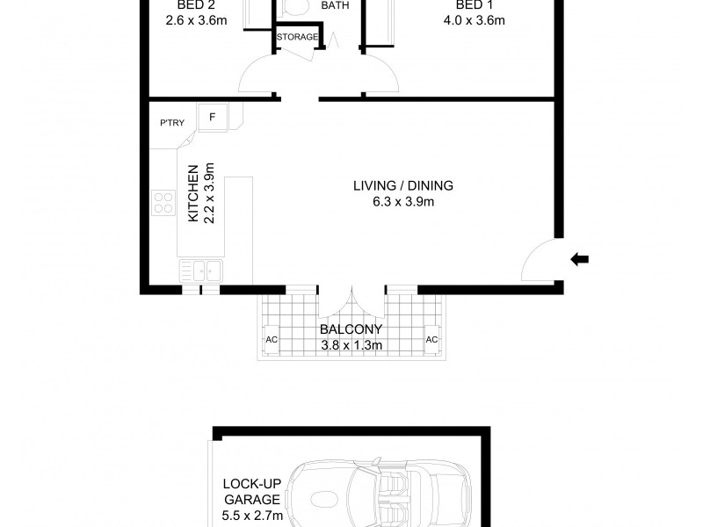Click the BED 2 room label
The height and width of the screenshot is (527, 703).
(195, 5)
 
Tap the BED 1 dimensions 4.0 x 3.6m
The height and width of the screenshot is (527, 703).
(474, 20)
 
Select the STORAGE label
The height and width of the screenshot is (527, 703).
(297, 37)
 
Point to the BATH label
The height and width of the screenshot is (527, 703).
(335, 5)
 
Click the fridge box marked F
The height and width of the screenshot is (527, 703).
(213, 118)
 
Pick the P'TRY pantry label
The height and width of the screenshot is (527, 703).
(172, 122)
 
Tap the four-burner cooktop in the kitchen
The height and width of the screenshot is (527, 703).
(163, 203)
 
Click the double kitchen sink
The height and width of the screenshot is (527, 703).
(201, 271)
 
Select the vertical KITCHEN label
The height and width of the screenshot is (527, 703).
(192, 193)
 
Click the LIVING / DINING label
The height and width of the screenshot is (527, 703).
(403, 185)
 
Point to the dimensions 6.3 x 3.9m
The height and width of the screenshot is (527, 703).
(403, 202)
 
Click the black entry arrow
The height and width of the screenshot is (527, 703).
(579, 259)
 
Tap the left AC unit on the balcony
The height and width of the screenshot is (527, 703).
(272, 339)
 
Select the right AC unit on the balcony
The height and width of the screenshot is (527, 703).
(431, 339)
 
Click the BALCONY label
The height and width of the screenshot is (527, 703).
(351, 329)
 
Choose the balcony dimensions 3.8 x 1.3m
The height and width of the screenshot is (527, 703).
(351, 345)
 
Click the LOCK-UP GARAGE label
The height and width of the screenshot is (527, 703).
(252, 492)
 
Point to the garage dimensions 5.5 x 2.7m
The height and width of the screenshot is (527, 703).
(252, 516)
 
